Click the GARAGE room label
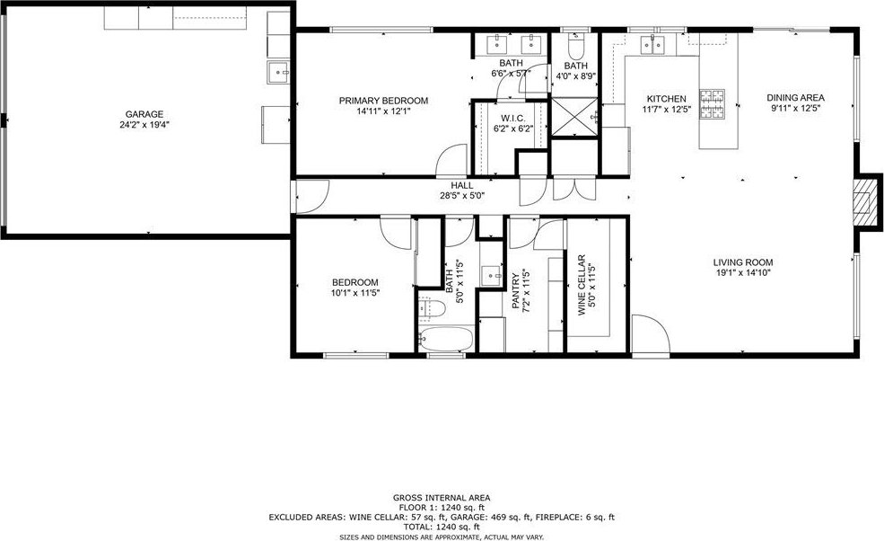click(144, 114)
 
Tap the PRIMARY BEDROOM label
click(383, 101)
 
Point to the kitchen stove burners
click(713, 103)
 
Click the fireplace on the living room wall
click(865, 201)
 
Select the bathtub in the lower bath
click(446, 339)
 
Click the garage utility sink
click(278, 73)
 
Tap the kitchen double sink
click(653, 44)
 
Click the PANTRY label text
click(516, 291)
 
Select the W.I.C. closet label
click(513, 119)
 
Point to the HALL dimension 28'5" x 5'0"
click(462, 196)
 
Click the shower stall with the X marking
click(574, 116)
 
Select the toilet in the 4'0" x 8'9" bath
click(575, 47)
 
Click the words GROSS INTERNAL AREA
click(442, 498)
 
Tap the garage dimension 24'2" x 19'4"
click(144, 125)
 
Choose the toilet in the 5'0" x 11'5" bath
click(433, 308)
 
